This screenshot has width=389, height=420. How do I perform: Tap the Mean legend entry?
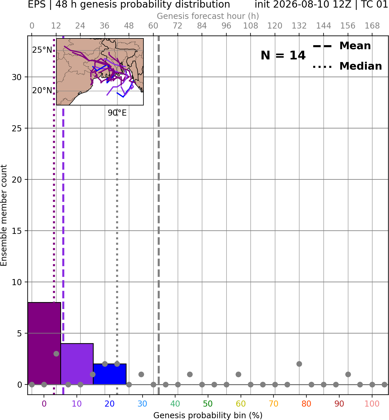pyautogui.click(x=342, y=46)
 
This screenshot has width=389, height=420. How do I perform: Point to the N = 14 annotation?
pyautogui.click(x=283, y=55)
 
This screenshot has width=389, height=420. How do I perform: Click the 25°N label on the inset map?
pyautogui.click(x=42, y=50)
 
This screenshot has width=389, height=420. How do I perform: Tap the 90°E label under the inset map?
pyautogui.click(x=117, y=113)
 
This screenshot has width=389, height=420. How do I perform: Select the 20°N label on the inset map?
pyautogui.click(x=42, y=91)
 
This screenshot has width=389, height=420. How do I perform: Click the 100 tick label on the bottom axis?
pyautogui.click(x=372, y=404)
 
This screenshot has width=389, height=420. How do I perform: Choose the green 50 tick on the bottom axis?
pyautogui.click(x=208, y=404)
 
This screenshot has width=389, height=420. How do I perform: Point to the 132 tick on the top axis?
pyautogui.click(x=299, y=26)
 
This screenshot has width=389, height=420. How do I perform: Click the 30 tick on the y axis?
pyautogui.click(x=17, y=77)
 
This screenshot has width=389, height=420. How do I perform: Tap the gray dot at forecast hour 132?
pyautogui.click(x=299, y=364)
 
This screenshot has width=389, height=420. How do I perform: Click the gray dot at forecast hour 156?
pyautogui.click(x=348, y=374)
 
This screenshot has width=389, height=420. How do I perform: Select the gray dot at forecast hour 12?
pyautogui.click(x=56, y=354)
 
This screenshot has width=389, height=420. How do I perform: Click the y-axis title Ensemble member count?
pyautogui.click(x=3, y=215)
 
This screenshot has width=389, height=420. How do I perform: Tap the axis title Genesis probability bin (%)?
pyautogui.click(x=208, y=415)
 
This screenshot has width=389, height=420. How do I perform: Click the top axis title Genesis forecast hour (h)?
pyautogui.click(x=208, y=16)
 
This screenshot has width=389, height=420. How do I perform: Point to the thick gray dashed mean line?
pyautogui.click(x=159, y=215)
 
